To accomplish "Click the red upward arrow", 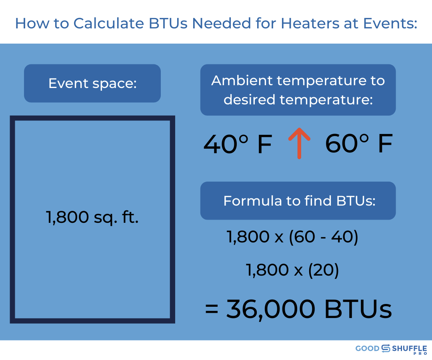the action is pyautogui.click(x=299, y=143).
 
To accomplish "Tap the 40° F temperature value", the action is pyautogui.click(x=238, y=144).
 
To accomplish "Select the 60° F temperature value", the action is pyautogui.click(x=359, y=143).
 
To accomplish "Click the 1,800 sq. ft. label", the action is pyautogui.click(x=92, y=217).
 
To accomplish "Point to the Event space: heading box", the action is pyautogui.click(x=92, y=83).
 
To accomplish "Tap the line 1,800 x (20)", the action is pyautogui.click(x=292, y=270).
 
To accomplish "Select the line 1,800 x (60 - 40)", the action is pyautogui.click(x=292, y=237).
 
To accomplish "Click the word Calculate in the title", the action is pyautogui.click(x=108, y=23).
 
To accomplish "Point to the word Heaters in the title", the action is pyautogui.click(x=310, y=23).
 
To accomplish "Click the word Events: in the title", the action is pyautogui.click(x=390, y=23).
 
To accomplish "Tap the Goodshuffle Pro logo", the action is pyautogui.click(x=391, y=349).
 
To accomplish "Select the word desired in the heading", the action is pyautogui.click(x=249, y=100).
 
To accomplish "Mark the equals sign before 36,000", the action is pyautogui.click(x=212, y=309).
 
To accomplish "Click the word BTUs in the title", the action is pyautogui.click(x=168, y=23).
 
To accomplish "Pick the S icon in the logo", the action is pyautogui.click(x=386, y=348).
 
